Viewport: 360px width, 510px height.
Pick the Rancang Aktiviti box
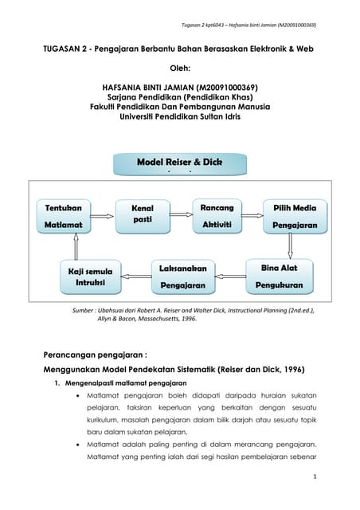pos(217,216)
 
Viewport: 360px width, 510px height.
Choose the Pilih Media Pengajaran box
pos(294,216)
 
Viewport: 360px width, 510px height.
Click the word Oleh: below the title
pos(179,69)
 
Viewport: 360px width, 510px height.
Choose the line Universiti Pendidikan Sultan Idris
pos(179,116)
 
